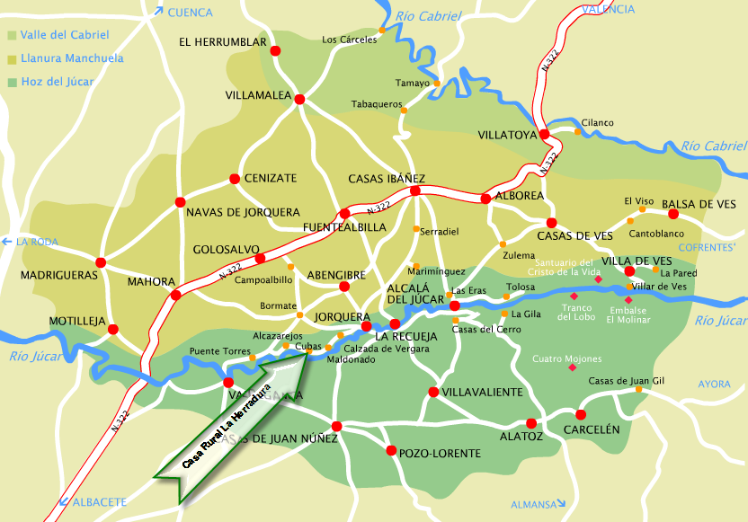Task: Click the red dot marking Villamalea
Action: click(x=299, y=99)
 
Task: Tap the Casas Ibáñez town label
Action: click(x=387, y=178)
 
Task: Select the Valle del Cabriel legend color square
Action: click(x=12, y=36)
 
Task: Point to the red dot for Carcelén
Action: click(x=581, y=415)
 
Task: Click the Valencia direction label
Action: click(x=608, y=9)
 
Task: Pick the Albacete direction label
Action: click(x=99, y=501)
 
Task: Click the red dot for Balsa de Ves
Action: click(x=672, y=214)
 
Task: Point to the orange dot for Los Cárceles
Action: click(x=382, y=31)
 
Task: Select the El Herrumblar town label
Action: click(x=223, y=42)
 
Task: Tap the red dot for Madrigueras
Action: click(x=101, y=262)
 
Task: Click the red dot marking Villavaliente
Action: click(x=433, y=392)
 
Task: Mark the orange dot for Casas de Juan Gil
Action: click(x=638, y=389)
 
